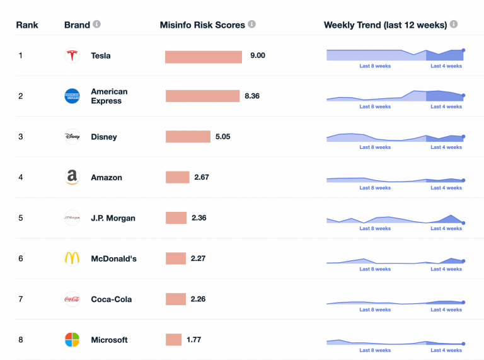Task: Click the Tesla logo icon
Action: [x=72, y=55]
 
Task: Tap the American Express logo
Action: [x=72, y=96]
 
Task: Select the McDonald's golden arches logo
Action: [x=72, y=258]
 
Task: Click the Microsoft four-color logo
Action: [x=72, y=340]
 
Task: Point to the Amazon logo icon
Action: [x=72, y=177]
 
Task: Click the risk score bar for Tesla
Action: [x=204, y=57]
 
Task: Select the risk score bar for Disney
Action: [x=188, y=137]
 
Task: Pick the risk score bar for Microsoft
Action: [x=173, y=340]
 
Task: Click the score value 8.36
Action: [x=252, y=96]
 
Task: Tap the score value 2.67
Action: [x=202, y=177]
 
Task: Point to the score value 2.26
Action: [x=198, y=299]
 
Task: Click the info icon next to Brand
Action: [x=96, y=25]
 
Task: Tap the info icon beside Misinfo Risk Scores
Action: [x=251, y=25]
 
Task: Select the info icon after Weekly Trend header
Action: [x=454, y=25]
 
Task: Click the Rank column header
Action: [x=27, y=25]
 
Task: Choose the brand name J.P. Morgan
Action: [x=113, y=218]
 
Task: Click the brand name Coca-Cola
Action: [x=111, y=299]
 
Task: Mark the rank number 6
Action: [x=20, y=258]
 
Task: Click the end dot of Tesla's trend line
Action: [x=463, y=50]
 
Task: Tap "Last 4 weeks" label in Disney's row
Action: [x=446, y=147]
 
